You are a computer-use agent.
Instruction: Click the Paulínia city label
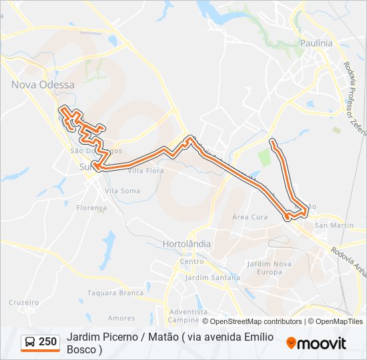pos(317,43)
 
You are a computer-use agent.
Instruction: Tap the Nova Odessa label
pos(43,85)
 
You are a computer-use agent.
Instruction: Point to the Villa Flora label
pos(145,171)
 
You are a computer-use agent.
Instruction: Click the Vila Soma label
pos(122,191)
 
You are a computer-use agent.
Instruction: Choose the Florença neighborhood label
pos(91,208)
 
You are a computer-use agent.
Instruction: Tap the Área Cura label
pos(250,217)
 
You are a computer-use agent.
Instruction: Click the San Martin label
pos(334,225)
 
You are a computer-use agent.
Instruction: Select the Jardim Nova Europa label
pos(270,268)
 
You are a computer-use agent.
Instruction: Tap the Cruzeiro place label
pos(25,302)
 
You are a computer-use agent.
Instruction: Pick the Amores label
pos(121,318)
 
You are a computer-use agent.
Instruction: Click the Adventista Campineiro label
pos(189,315)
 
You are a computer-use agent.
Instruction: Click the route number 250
pos(47,342)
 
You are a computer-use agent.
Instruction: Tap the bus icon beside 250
pos(30,343)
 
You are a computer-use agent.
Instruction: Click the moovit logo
pos(316,343)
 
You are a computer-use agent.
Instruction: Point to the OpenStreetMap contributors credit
pos(256,321)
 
